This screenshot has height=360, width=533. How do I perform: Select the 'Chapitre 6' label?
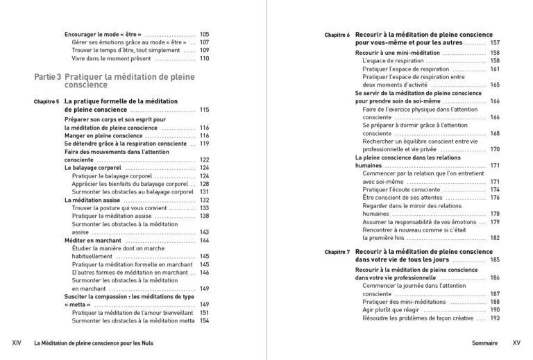[x=337, y=35]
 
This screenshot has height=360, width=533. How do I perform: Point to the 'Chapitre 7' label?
[x=337, y=252]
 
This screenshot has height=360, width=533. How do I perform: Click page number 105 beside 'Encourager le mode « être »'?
[x=204, y=34]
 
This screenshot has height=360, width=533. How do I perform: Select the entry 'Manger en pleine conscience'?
[x=103, y=136]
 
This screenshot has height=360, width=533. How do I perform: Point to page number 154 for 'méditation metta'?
[x=205, y=321]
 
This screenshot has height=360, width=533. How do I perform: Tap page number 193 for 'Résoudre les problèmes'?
[x=495, y=318]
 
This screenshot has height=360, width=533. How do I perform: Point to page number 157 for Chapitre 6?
[x=495, y=43]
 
